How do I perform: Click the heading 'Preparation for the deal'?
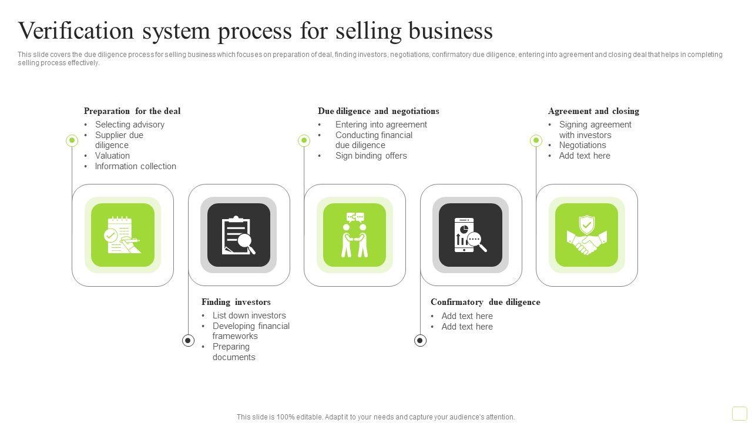coord(132,111)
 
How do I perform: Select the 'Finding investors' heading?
coord(236,302)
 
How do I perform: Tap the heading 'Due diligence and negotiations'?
coord(378,111)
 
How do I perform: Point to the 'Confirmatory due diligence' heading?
coord(485,302)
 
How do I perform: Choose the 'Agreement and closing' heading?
coord(593,111)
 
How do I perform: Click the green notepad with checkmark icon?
coord(123,235)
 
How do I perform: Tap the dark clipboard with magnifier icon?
coord(239,235)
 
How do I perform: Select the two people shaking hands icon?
coord(355,235)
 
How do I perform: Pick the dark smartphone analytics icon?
coord(471,235)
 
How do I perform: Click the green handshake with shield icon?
coord(587,235)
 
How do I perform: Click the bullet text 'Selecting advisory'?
coord(130,125)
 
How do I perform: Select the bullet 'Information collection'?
coord(136,166)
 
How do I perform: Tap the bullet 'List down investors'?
coord(249,315)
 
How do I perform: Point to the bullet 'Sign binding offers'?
coord(371,156)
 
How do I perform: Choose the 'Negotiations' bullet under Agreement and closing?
coord(583,145)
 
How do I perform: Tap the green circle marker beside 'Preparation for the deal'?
coord(72,140)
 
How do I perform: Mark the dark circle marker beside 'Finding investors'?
coord(188,340)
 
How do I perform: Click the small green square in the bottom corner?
coord(739,414)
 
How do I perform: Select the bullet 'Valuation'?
coord(112,156)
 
